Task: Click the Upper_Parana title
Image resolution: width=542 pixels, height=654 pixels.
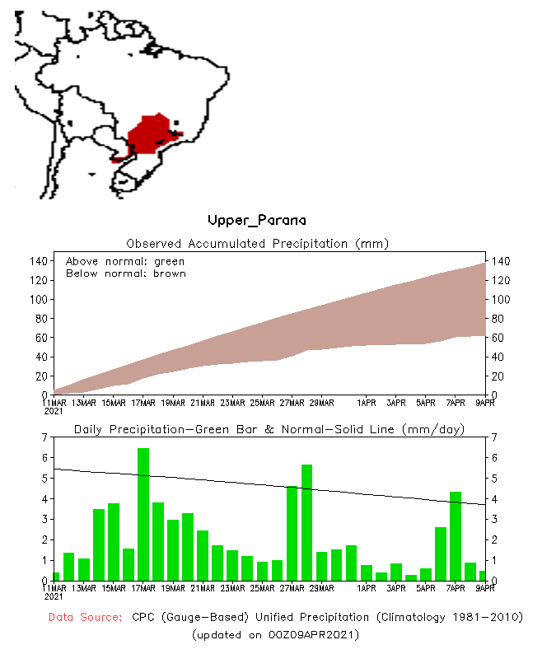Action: (x=256, y=220)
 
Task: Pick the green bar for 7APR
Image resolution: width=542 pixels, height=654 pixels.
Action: (x=456, y=535)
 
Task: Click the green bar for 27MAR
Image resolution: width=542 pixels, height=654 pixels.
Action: (x=292, y=533)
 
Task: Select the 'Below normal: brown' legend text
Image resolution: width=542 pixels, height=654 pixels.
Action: (x=126, y=273)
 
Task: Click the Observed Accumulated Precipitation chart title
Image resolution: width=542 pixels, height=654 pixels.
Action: (x=257, y=243)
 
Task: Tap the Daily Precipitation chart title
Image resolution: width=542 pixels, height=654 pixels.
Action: (x=269, y=429)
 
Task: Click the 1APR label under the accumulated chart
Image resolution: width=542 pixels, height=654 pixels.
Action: (x=367, y=403)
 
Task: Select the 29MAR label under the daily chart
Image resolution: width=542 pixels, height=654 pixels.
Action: (x=321, y=588)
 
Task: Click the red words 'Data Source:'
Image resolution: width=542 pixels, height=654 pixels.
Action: (x=86, y=617)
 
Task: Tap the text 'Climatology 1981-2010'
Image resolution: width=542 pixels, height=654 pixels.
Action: (x=447, y=617)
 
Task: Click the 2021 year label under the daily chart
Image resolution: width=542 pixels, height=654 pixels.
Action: (x=54, y=596)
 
